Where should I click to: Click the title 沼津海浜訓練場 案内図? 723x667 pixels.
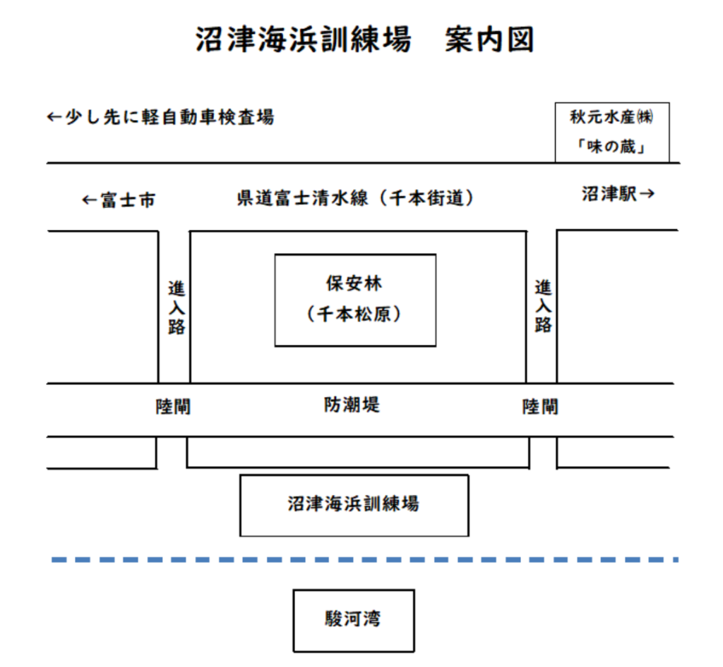point(365,39)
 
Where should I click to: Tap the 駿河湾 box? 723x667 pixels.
point(354,620)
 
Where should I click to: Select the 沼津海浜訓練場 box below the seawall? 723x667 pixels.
point(354,506)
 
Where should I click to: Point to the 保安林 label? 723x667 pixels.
point(354,283)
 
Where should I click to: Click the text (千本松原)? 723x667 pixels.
point(354,314)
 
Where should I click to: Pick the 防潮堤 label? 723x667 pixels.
point(352,405)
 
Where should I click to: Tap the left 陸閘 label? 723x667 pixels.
point(173,406)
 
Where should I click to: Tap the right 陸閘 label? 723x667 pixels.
point(540,406)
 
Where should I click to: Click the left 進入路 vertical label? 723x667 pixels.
point(176,307)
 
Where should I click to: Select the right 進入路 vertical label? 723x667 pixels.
point(543,306)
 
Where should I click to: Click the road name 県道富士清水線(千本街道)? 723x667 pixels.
point(356,198)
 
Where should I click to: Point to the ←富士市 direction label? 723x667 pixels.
point(119,200)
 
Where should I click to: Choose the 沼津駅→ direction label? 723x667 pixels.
point(618,194)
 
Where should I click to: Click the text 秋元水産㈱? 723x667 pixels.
point(611,117)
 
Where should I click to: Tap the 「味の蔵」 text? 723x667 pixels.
point(611,147)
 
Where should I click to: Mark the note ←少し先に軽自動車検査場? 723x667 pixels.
point(161,117)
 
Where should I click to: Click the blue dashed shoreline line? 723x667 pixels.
point(365,560)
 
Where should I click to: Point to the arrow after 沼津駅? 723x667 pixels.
point(647,194)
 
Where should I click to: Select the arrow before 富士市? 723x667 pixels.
point(90,200)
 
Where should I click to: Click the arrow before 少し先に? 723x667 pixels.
point(55,117)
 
